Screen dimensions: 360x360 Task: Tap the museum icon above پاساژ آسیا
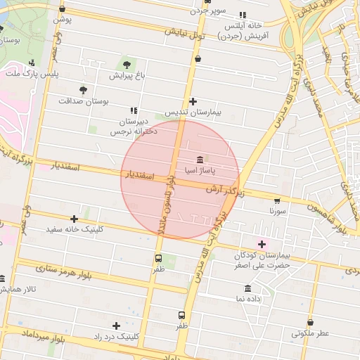click(x=201, y=160)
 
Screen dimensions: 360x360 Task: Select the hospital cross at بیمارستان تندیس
click(x=193, y=101)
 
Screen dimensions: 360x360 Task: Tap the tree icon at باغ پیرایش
click(x=127, y=63)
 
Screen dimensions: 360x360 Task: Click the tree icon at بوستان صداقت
click(x=83, y=91)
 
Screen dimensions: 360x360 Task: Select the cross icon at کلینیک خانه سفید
click(x=75, y=219)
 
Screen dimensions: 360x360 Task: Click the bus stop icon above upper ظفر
click(x=157, y=258)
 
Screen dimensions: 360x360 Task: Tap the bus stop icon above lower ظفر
click(x=182, y=316)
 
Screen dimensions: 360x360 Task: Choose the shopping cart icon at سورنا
click(x=277, y=200)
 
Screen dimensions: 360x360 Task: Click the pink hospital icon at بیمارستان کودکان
click(x=263, y=244)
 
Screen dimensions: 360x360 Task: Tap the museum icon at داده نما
click(x=247, y=289)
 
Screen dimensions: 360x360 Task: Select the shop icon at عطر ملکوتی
click(x=310, y=323)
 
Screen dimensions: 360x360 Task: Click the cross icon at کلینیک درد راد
click(x=116, y=326)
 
